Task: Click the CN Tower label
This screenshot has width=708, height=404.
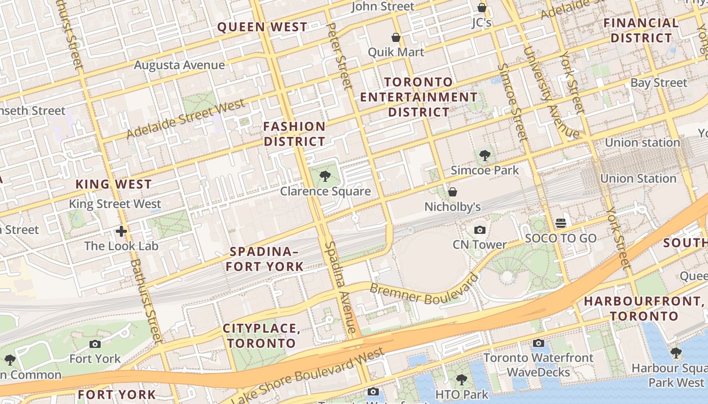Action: (x=479, y=245)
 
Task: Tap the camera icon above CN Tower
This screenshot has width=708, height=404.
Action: (x=479, y=230)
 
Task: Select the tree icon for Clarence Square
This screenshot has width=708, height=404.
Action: (x=325, y=176)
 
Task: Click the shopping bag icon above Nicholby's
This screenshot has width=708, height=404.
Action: (x=453, y=192)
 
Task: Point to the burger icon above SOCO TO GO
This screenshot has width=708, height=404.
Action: (x=560, y=223)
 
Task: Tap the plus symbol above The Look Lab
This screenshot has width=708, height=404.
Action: (x=121, y=231)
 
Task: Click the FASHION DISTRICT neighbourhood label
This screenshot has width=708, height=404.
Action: (x=294, y=134)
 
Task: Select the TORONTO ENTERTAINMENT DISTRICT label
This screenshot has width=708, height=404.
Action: (x=418, y=97)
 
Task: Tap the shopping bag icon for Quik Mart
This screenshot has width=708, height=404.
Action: (x=396, y=37)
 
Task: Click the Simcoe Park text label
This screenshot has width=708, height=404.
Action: (x=484, y=170)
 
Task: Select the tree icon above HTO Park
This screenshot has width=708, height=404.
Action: (x=461, y=379)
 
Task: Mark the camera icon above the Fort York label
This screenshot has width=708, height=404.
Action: (x=95, y=344)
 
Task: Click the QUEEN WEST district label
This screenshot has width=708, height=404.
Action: (x=262, y=27)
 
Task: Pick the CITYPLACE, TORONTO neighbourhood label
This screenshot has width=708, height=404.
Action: (x=261, y=336)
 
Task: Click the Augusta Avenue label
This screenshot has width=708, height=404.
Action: (x=179, y=65)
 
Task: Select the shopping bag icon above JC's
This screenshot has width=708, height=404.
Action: (x=482, y=8)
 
